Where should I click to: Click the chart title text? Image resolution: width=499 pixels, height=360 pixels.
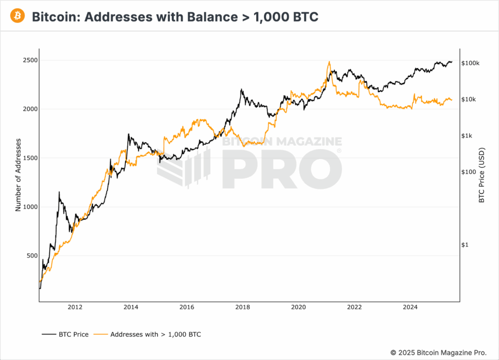175,17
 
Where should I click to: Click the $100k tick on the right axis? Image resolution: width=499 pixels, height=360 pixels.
471,63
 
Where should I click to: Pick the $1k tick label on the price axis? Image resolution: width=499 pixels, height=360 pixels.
467,136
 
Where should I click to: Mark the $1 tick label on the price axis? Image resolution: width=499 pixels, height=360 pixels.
465,245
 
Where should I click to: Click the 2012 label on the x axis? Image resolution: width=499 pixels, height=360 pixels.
75,307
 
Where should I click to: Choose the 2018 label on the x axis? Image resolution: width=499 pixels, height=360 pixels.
243,307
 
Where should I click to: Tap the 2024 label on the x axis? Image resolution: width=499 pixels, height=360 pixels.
411,307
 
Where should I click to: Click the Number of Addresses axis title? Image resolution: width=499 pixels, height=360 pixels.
19,174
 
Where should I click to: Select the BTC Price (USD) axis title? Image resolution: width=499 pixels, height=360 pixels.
481,174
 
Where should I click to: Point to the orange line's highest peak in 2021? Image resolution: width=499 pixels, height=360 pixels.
329,62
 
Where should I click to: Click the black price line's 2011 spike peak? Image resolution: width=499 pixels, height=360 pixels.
59,192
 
